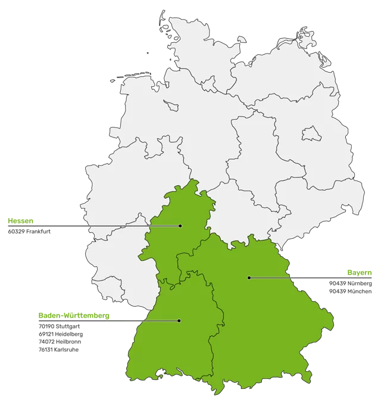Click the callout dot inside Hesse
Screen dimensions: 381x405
(180, 226)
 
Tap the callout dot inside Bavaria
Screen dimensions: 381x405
(249, 278)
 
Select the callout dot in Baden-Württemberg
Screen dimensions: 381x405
(179, 320)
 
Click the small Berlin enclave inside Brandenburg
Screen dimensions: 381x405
(308, 133)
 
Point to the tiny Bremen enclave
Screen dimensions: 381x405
(171, 105)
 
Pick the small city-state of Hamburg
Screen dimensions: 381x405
(209, 84)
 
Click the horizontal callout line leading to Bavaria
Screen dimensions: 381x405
(316, 278)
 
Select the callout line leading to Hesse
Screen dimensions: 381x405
(89, 226)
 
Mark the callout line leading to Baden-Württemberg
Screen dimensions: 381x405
(89, 320)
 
